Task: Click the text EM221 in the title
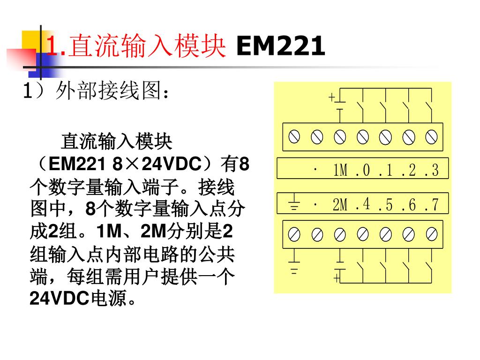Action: [280, 46]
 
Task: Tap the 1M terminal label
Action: [340, 171]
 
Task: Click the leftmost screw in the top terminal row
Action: [294, 137]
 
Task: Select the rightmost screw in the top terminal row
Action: [431, 137]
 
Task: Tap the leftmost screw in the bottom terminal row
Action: [294, 233]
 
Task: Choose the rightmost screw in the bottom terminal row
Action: [431, 233]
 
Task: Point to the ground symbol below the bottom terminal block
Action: [294, 265]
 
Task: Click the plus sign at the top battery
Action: [332, 97]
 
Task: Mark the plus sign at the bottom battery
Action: [337, 278]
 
